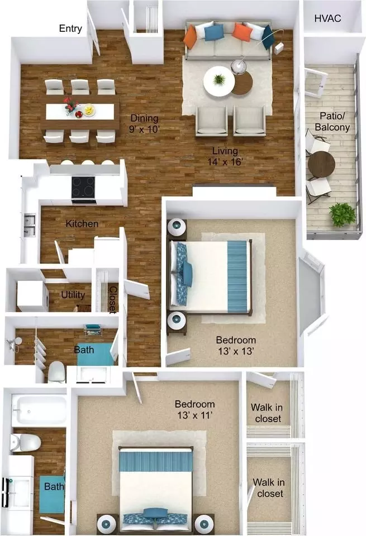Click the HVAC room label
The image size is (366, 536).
pos(327,18)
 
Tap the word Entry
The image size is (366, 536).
pos(70,28)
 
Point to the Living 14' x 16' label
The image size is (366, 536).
pos(225,156)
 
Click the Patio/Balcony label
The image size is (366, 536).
pos(332,122)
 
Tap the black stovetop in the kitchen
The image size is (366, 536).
pos(83,188)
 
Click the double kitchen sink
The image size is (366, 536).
pos(30,225)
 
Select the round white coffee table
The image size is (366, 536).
pos(219,82)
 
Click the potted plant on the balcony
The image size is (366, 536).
pos(343,214)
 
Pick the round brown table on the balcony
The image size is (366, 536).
pos(321,164)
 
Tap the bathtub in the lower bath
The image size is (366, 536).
pos(39,409)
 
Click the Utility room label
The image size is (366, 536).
pos(73,295)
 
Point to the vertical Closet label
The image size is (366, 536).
pos(112,299)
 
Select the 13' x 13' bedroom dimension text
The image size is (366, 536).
pos(236,351)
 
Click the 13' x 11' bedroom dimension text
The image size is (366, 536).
pos(195,415)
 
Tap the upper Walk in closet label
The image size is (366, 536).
pos(267,413)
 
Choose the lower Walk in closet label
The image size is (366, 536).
pos(269,488)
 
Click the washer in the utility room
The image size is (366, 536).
pos(32,296)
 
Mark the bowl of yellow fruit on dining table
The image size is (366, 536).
pos(89,110)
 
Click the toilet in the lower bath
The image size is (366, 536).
pos(25,443)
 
